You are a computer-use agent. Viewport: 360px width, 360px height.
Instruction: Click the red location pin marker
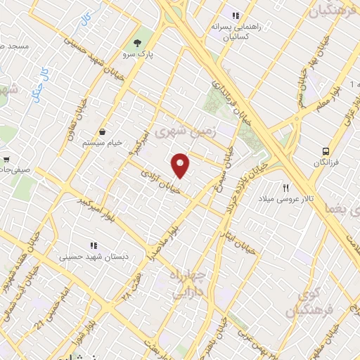[x=181, y=165]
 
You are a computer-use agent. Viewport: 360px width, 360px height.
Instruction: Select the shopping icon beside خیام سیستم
[x=103, y=131]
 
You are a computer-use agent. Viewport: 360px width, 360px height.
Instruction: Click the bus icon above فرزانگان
[x=326, y=150]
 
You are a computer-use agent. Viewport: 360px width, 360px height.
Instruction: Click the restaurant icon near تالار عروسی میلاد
[x=285, y=188]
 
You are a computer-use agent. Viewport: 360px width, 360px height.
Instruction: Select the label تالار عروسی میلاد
[x=287, y=200]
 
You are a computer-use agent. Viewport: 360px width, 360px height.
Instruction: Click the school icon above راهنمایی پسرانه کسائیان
[x=236, y=15]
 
